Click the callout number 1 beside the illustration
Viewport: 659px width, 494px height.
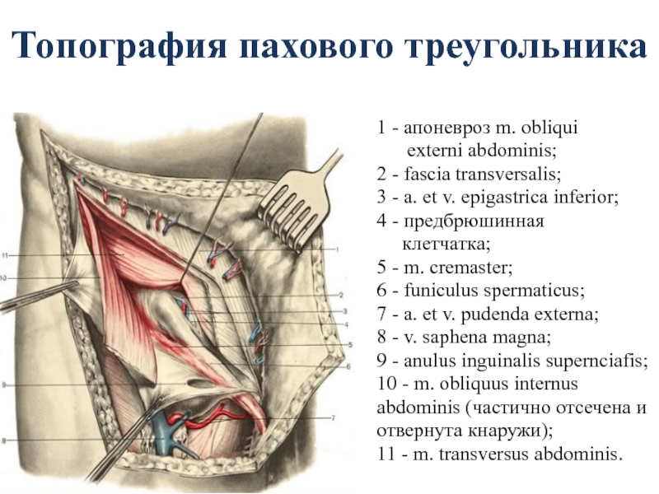coord(337,249)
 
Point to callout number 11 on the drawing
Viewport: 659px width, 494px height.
coord(5,255)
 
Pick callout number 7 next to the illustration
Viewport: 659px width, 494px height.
coord(334,418)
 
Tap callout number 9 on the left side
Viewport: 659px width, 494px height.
coord(4,384)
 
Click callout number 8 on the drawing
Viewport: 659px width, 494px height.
coord(4,441)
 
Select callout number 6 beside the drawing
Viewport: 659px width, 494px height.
coord(348,366)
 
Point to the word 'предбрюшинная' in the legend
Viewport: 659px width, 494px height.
coord(474,221)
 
